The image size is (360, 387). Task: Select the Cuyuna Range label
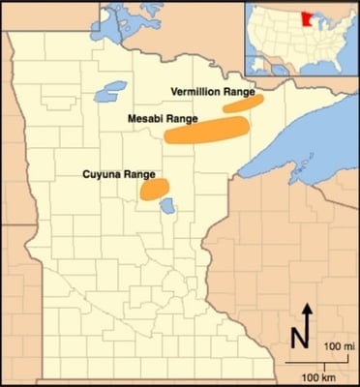tap(120, 174)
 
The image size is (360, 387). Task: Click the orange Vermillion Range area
tap(243, 103)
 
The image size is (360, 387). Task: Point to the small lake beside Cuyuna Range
tap(167, 206)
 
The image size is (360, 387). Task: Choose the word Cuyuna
tap(104, 174)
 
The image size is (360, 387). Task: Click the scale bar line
tap(319, 360)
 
